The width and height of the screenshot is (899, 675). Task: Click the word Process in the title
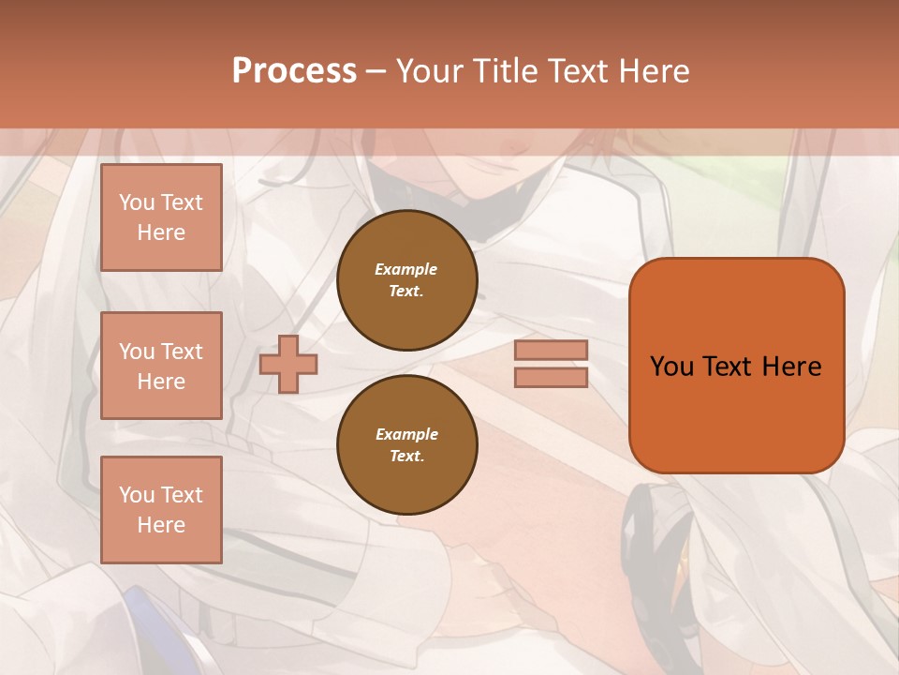294,71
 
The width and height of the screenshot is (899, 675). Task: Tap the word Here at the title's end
652,71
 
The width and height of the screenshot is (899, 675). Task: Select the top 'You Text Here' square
161,217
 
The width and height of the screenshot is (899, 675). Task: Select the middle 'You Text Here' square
161,366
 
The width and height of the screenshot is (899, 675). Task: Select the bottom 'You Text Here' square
161,510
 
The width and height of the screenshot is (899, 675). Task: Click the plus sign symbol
288,364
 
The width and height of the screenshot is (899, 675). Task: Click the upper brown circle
407,280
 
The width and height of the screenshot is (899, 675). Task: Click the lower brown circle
407,445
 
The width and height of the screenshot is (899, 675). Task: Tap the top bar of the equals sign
551,351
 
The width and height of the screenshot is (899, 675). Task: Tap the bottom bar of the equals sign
551,377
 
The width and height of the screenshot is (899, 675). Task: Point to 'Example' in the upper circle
406,269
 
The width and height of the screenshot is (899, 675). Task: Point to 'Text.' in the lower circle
406,457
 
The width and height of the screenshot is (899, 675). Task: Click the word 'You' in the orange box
671,367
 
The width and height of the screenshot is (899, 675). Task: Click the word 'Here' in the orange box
791,367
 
